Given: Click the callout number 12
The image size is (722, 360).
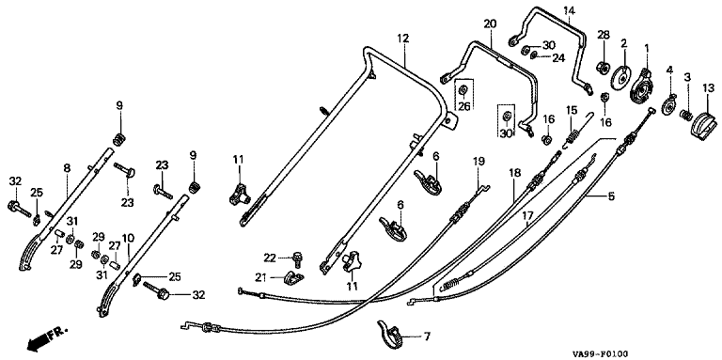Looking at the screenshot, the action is pos(403,39).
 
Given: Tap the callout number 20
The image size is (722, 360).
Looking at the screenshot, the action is pos(490,24).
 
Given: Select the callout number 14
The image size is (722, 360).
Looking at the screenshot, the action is pos(569,9).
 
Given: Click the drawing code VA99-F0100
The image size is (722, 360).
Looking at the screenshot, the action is pos(601,354).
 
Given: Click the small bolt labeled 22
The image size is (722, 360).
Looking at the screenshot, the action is pos(297,259).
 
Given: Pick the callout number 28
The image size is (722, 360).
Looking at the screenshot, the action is pos(604,35).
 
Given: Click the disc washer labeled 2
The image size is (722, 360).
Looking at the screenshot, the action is pos(620,77).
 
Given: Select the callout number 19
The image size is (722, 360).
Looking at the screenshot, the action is pos(478,161).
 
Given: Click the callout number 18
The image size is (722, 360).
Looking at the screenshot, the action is pos(515,173).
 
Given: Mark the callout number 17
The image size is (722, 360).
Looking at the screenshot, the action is pos(527,214).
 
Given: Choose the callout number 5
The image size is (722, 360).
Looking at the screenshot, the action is pos(611,196).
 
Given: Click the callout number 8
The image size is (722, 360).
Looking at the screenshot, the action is pos(68,168).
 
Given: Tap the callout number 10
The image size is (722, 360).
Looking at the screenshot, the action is pos(128,238).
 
